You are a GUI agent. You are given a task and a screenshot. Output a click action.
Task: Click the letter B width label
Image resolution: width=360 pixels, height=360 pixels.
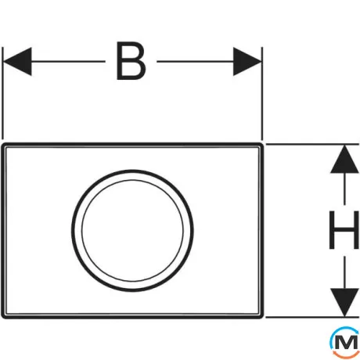pyautogui.click(x=131, y=61)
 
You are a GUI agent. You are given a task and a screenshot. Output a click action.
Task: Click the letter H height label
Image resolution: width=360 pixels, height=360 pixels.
pyautogui.click(x=344, y=230)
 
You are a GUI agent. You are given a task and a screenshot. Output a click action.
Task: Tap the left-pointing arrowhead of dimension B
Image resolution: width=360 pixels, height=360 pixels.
pyautogui.click(x=17, y=62)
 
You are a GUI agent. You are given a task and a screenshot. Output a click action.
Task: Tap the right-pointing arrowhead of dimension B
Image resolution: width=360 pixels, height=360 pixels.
pyautogui.click(x=247, y=62)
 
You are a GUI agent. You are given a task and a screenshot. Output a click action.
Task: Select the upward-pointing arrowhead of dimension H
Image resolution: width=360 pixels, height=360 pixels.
pyautogui.click(x=344, y=159)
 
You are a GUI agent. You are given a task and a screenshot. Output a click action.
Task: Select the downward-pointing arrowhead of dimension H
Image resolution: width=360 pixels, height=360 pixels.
pyautogui.click(x=344, y=302)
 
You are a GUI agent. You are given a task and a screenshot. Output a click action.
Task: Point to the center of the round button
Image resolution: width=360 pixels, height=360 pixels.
pyautogui.click(x=132, y=231)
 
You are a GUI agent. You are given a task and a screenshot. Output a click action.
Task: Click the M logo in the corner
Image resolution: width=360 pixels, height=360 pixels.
pyautogui.click(x=344, y=342)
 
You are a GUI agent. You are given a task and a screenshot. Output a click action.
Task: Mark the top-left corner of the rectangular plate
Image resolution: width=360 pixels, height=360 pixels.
pyautogui.click(x=2, y=143)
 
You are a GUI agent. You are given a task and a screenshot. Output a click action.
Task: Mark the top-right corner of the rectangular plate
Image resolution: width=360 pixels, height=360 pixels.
pyautogui.click(x=263, y=143)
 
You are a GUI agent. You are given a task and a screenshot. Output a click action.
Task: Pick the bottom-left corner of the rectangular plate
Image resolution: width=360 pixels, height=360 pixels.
pyautogui.click(x=2, y=318)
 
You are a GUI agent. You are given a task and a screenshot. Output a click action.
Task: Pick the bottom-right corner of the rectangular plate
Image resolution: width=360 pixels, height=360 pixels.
pyautogui.click(x=263, y=318)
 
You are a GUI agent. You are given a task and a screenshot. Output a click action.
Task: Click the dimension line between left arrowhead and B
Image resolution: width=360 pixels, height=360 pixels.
pyautogui.click(x=68, y=62)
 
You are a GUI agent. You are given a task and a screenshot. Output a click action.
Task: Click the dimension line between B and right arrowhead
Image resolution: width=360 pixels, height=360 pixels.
pyautogui.click(x=195, y=62)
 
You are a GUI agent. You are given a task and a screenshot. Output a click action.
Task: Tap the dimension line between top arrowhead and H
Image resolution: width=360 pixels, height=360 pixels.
pyautogui.click(x=344, y=189)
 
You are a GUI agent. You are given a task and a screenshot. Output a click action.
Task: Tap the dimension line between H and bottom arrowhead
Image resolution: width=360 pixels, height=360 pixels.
pyautogui.click(x=344, y=272)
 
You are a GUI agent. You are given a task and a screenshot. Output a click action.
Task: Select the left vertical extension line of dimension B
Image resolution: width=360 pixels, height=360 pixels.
pyautogui.click(x=2, y=93)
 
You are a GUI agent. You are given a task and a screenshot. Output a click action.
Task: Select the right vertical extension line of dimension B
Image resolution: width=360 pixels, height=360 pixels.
pyautogui.click(x=262, y=93)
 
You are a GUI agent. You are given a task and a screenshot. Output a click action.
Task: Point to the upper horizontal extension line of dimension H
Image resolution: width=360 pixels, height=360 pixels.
pyautogui.click(x=312, y=144)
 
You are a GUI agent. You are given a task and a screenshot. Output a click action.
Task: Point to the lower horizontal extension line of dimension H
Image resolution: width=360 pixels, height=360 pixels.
pyautogui.click(x=312, y=317)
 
